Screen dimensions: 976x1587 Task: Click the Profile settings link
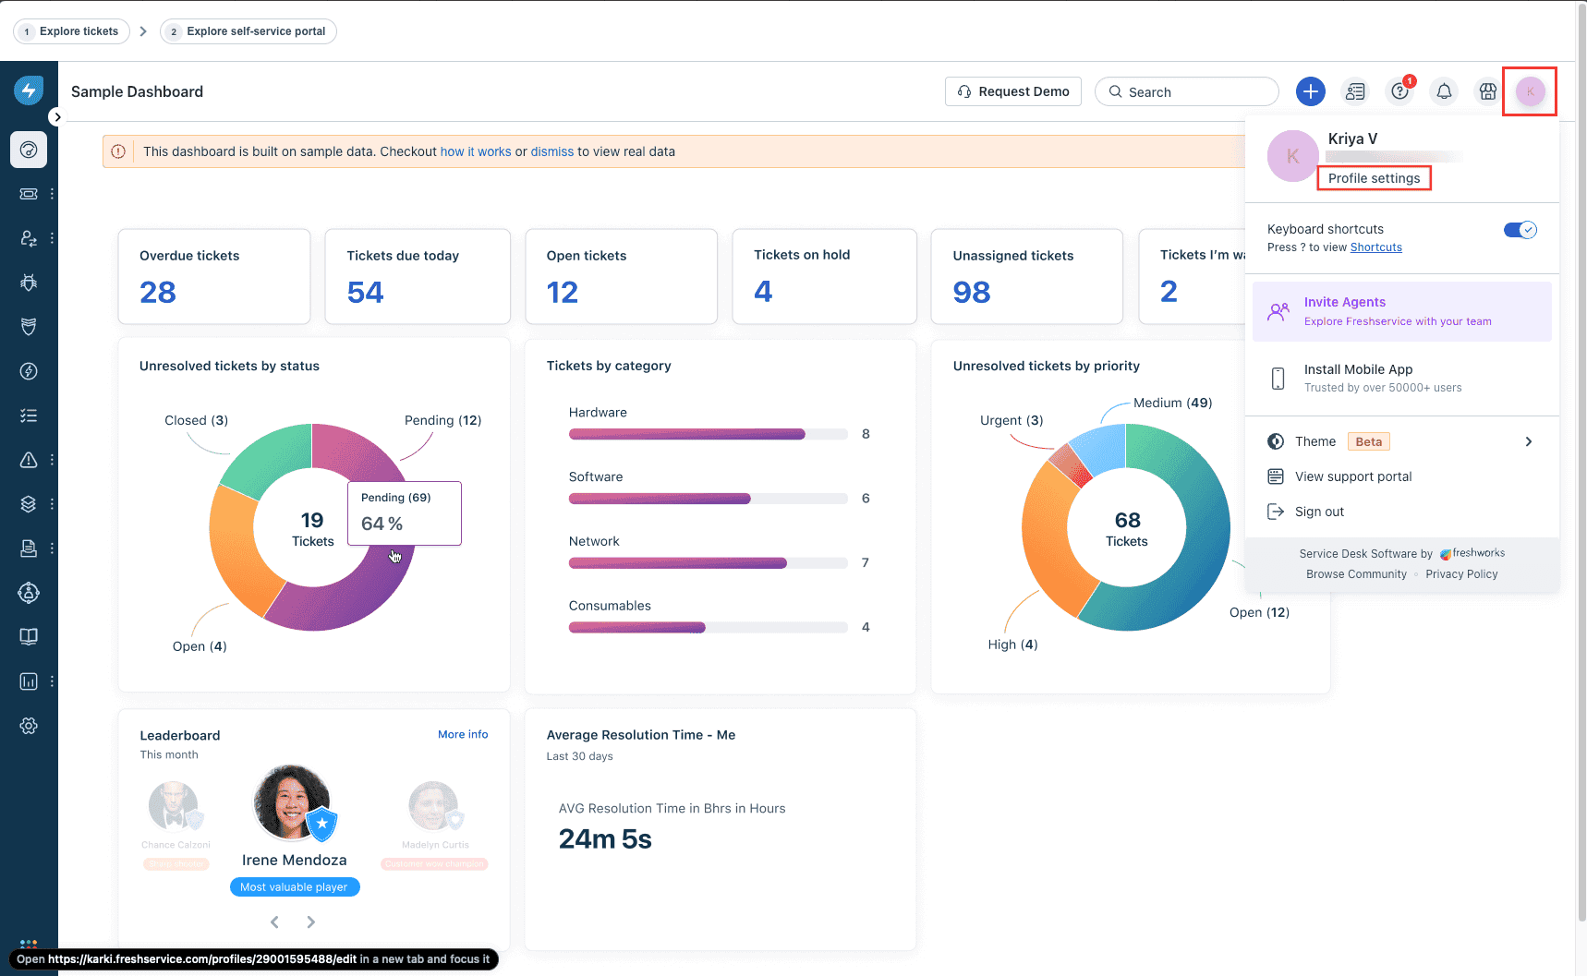(x=1374, y=178)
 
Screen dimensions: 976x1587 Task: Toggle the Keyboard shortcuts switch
(x=1520, y=230)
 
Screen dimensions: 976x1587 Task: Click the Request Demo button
(x=1013, y=91)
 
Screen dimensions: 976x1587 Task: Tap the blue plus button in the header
(x=1310, y=91)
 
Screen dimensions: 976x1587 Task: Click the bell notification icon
(x=1444, y=91)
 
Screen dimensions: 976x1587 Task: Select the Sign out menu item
(x=1319, y=512)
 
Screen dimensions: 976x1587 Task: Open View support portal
(x=1352, y=476)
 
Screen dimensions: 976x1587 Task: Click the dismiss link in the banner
(x=551, y=151)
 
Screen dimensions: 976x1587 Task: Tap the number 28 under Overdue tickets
(x=158, y=293)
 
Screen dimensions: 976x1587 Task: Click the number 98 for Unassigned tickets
(x=972, y=293)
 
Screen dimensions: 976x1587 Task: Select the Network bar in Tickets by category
(x=678, y=562)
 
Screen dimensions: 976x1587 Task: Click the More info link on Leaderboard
(x=463, y=735)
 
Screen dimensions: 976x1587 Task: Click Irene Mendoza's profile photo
(x=292, y=801)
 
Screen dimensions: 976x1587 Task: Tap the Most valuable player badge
(x=294, y=887)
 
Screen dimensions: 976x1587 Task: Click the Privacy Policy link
(x=1461, y=574)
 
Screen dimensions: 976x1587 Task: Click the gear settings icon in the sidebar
(x=29, y=726)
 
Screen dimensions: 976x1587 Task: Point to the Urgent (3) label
(x=1012, y=420)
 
